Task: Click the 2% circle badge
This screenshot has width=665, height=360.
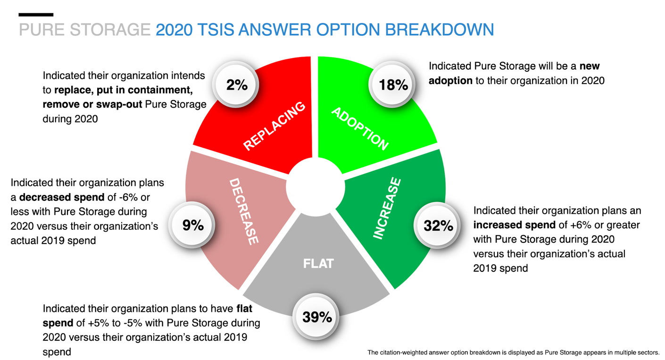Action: pos(237,85)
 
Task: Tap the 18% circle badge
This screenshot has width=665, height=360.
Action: pos(393,85)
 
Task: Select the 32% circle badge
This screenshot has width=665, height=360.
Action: pos(438,226)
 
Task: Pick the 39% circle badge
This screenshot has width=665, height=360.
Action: pos(317,317)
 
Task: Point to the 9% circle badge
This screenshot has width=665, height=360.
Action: pos(193,226)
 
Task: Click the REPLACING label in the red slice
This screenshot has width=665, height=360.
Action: pos(274,126)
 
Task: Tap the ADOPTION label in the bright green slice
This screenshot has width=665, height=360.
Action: pos(360,128)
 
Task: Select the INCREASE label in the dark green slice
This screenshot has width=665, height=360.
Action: pos(388,209)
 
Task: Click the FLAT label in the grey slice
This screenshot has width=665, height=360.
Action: pos(318,263)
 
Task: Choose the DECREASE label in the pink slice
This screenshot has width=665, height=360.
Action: pos(244,211)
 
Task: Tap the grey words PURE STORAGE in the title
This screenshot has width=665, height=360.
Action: pos(84,30)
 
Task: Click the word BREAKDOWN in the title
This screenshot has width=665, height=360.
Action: pos(439,30)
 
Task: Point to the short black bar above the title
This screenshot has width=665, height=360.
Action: pos(36,15)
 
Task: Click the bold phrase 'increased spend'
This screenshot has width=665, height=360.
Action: pos(515,225)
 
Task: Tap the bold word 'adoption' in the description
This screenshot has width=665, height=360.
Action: pos(450,81)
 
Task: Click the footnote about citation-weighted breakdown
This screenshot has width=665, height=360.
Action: pos(513,352)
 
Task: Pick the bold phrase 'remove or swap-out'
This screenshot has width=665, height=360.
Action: pos(92,104)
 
